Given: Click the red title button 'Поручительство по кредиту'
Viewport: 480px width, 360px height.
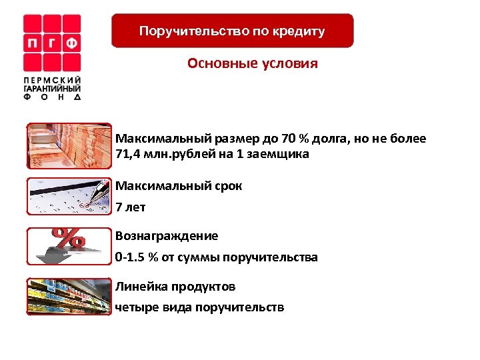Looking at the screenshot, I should tap(232, 31).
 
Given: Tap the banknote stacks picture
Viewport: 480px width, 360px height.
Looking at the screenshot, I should tap(69, 147).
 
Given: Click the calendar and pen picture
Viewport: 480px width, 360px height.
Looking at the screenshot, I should tap(69, 197).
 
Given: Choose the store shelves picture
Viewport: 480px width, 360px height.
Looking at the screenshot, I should tap(69, 296).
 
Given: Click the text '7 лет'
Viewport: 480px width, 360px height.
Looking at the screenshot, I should tap(130, 207).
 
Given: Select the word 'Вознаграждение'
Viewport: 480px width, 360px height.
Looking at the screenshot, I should tap(167, 236).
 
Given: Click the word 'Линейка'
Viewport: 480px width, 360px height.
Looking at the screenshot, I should tap(140, 287).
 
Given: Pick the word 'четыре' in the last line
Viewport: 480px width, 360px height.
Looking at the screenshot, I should tap(135, 307).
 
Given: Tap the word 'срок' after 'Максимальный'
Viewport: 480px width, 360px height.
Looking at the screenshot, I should tap(227, 186).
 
